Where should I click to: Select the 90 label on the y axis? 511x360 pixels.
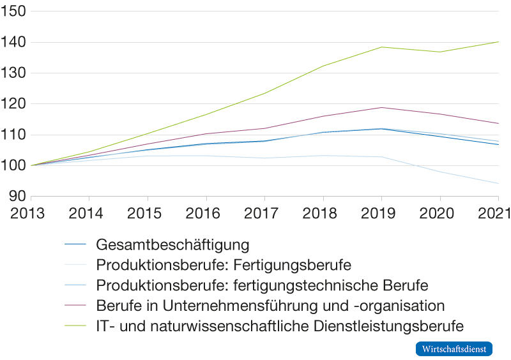tap(17, 196)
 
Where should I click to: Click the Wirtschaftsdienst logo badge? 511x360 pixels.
tap(454, 349)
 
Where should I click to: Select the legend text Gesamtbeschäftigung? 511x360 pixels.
tap(172, 244)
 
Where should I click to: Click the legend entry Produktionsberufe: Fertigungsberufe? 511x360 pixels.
tap(224, 264)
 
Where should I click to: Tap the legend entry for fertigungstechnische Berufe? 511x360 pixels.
tap(262, 285)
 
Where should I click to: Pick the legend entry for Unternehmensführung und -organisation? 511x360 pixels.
tap(270, 305)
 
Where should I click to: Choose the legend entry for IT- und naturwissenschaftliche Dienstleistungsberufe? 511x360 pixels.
tap(279, 326)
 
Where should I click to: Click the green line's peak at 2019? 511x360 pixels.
tap(381, 47)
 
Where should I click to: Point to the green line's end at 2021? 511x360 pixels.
tap(498, 42)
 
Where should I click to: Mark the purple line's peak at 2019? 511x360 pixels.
tap(381, 107)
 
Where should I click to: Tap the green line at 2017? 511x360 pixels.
tap(264, 93)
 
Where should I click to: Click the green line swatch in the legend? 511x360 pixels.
tap(75, 326)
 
